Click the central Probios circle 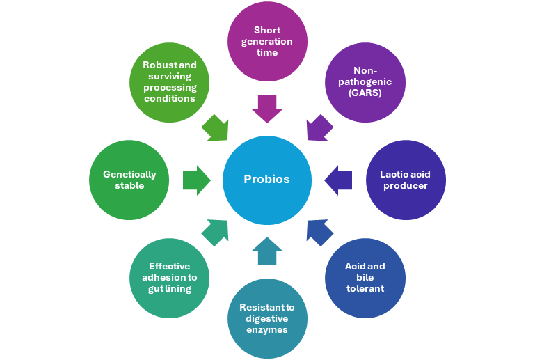click(x=266, y=180)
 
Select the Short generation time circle click(x=266, y=42)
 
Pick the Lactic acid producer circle click(x=405, y=180)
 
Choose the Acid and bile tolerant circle click(x=365, y=278)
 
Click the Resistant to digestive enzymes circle click(x=267, y=318)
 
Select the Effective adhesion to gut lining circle click(x=169, y=278)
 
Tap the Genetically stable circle click(x=129, y=180)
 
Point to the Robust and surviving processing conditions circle click(x=170, y=81)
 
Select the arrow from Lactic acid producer click(x=338, y=180)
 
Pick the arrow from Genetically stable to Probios click(x=196, y=180)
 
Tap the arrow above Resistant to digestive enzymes click(x=267, y=251)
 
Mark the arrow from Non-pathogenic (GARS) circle click(x=318, y=128)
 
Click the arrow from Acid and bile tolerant click(x=319, y=232)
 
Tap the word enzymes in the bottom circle click(x=267, y=329)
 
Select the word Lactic click(x=393, y=174)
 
